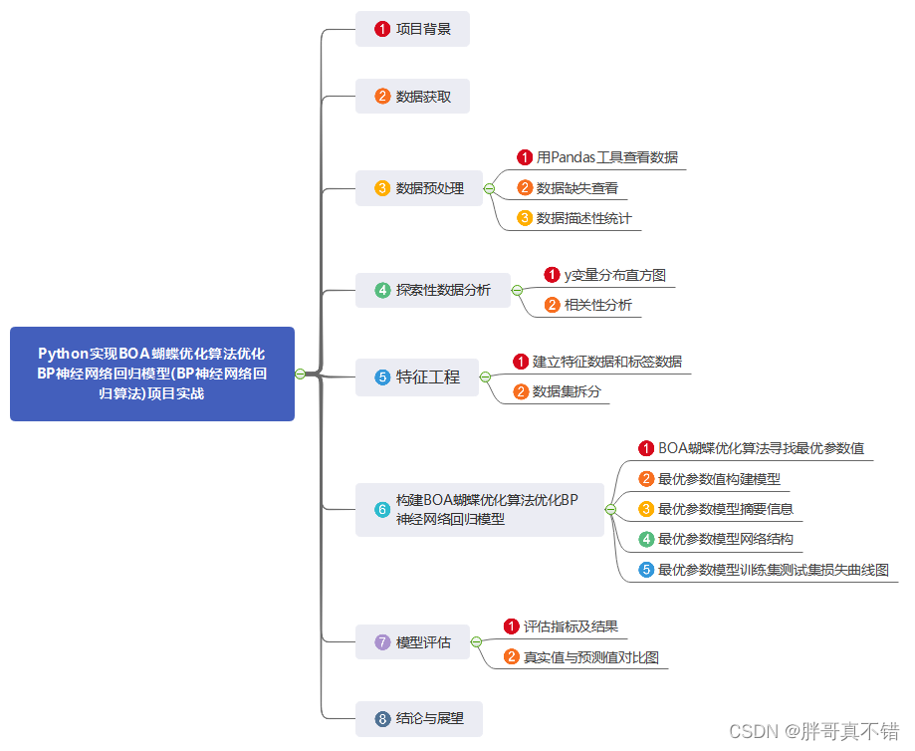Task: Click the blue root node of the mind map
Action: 151,374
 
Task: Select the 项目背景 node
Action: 412,29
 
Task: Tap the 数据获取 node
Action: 412,97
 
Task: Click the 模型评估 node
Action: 412,642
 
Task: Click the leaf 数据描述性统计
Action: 583,218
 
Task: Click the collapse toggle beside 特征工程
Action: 485,377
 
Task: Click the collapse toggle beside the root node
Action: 300,374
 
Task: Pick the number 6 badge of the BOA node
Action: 382,509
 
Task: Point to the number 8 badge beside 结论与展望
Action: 382,718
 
